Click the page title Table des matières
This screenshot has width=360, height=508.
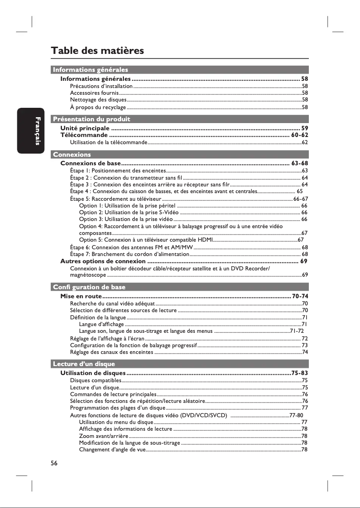[x=97, y=50]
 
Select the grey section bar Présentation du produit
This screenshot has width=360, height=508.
[x=91, y=119]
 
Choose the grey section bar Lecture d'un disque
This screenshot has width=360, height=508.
[x=84, y=364]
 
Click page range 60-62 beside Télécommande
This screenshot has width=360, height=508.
[x=299, y=135]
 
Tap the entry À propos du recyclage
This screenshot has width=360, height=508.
[x=98, y=107]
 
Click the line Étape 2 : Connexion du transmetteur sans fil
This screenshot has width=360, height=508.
[x=126, y=178]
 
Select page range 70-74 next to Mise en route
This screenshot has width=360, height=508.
[x=299, y=296]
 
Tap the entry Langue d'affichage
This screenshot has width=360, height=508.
[x=101, y=324]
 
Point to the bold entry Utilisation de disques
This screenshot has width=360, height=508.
[x=92, y=373]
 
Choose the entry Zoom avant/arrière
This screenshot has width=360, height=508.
[x=103, y=436]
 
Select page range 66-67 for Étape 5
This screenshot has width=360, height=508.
[x=300, y=199]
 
